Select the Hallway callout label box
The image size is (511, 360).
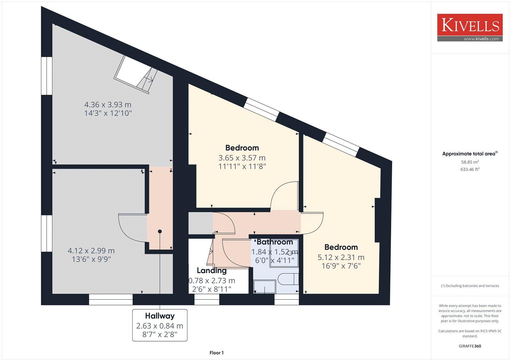point(160,325)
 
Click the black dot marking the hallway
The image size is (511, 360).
point(160,231)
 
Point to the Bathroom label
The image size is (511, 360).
point(275,242)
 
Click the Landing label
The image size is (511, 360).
point(211,271)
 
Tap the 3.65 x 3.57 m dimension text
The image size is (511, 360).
point(242,158)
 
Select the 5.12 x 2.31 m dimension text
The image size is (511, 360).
point(341,257)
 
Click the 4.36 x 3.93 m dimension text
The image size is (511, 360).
point(108,105)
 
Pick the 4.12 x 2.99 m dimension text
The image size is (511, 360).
point(91,251)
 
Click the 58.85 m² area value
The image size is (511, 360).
point(469,162)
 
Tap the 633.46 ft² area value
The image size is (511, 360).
point(469,169)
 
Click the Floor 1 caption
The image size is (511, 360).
point(217,353)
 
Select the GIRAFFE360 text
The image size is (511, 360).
point(469,346)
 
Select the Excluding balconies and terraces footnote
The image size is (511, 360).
point(469,286)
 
